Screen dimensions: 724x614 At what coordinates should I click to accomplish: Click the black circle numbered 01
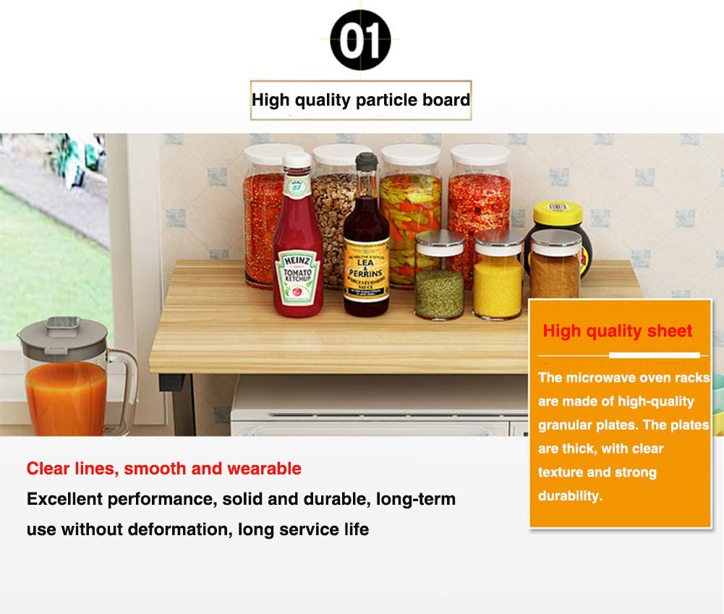click(360, 40)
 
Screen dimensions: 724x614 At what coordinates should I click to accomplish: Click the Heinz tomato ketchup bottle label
click(298, 277)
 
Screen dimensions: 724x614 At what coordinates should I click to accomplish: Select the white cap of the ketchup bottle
click(297, 160)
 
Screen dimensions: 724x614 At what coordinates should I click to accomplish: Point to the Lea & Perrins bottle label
click(366, 272)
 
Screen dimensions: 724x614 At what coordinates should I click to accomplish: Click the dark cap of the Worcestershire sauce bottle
click(367, 161)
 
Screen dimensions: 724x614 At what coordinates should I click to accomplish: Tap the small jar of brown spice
click(555, 265)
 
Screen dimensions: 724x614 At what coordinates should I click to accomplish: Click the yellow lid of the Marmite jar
click(558, 214)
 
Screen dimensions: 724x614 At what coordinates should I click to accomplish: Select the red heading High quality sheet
click(618, 331)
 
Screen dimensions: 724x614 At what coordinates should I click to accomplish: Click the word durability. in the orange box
click(570, 496)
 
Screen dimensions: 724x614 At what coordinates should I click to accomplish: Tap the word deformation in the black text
click(180, 529)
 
